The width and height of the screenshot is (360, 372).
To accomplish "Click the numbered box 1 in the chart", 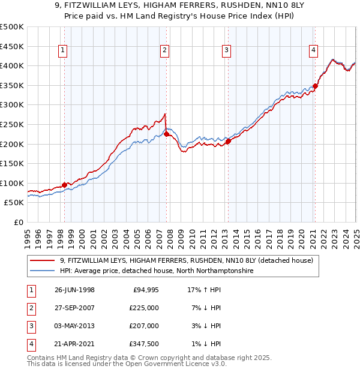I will [x=63, y=51].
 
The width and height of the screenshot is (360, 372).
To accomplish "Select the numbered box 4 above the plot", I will [x=314, y=51].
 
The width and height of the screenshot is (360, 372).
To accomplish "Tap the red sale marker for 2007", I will [x=166, y=134].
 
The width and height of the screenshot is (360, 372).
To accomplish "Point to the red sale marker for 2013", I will [x=228, y=142].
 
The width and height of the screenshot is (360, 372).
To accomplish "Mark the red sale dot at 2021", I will [x=316, y=86].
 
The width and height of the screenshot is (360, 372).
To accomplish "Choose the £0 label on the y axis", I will [x=17, y=222].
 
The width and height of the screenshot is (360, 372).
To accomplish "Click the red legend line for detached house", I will [x=42, y=261].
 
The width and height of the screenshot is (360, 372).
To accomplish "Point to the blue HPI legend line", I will [x=42, y=271].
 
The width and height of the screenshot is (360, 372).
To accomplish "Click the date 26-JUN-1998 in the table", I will [x=74, y=290].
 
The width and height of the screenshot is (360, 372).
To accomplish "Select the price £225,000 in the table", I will [x=145, y=308].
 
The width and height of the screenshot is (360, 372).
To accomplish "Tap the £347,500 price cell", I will [x=145, y=344].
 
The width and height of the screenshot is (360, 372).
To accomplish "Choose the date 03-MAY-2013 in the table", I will [x=75, y=326].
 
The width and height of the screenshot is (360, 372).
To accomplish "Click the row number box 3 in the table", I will [x=30, y=326].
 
